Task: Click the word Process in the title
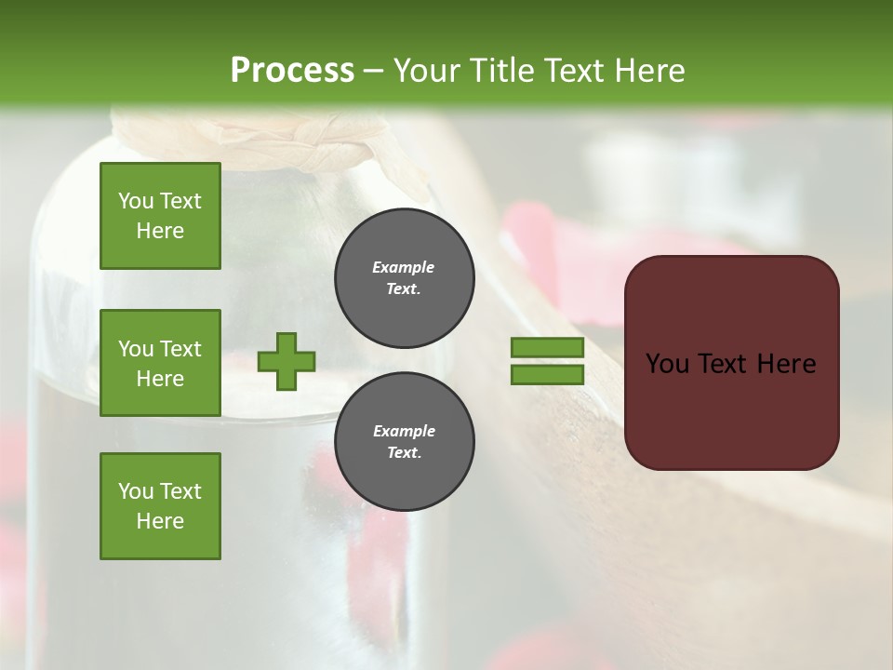(x=292, y=71)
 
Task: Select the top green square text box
(x=160, y=216)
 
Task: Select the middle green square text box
(x=160, y=363)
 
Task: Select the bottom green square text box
(x=160, y=506)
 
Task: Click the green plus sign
(x=287, y=361)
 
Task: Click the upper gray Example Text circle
(x=404, y=278)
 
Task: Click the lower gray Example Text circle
(x=404, y=442)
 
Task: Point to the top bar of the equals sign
(x=547, y=348)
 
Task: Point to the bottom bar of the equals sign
(x=547, y=375)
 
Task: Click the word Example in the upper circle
(x=404, y=268)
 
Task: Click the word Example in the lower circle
(x=404, y=432)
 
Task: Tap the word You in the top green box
(x=136, y=201)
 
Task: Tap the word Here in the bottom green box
(x=160, y=521)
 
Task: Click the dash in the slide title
(x=373, y=71)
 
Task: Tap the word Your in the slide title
(x=423, y=71)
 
